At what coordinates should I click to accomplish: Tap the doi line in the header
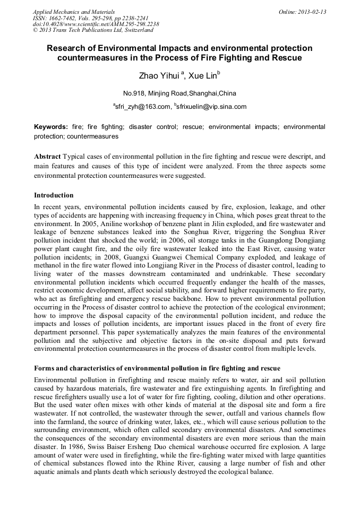click(x=96, y=24)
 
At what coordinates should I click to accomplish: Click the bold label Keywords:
click(x=51, y=127)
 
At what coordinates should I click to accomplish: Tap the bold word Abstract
click(x=47, y=157)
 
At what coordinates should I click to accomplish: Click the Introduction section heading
click(x=54, y=195)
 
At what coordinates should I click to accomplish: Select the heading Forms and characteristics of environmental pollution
click(x=157, y=368)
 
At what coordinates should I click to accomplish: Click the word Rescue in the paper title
click(x=287, y=57)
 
